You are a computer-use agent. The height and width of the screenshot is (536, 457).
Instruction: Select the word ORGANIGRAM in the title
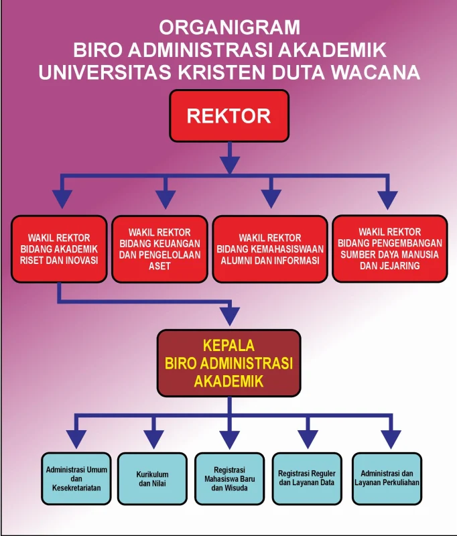click(229, 27)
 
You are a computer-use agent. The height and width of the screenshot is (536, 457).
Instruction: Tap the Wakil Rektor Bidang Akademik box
click(58, 249)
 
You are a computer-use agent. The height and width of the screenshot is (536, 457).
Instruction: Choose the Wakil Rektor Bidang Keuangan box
click(159, 249)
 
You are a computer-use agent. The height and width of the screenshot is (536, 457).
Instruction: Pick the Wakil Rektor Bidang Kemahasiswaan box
click(270, 249)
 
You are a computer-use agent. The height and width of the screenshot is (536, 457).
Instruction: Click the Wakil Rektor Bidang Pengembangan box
click(389, 249)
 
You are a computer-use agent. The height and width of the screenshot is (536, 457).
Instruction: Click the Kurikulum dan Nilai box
click(152, 478)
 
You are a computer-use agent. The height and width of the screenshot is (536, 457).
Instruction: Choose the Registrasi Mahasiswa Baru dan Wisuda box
click(229, 478)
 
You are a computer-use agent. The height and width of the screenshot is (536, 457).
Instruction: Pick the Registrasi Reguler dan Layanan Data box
click(307, 478)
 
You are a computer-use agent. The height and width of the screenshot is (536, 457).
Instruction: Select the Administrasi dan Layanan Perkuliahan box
click(387, 478)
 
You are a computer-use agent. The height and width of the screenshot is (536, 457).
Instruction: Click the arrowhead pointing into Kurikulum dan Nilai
click(153, 440)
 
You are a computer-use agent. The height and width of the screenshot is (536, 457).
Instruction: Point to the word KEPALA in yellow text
click(229, 346)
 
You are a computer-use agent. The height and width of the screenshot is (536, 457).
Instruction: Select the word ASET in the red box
click(159, 266)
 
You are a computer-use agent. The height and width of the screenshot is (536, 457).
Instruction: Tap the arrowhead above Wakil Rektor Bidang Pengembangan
click(387, 199)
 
